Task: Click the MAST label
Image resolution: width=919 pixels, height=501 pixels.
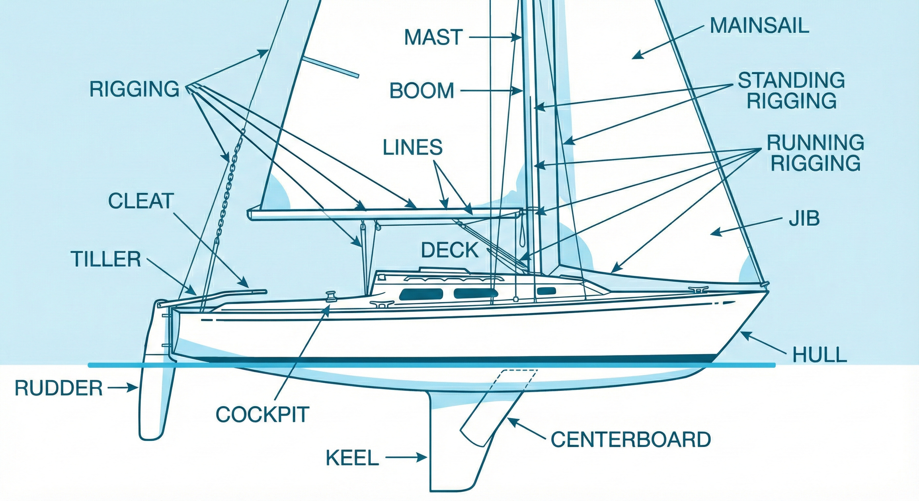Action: point(433,37)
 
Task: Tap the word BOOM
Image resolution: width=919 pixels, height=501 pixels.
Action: point(422,91)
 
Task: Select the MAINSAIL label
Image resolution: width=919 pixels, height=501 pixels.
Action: point(759,26)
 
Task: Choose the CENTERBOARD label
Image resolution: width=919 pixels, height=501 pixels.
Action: point(631,439)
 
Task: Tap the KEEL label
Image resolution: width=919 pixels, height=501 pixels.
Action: point(352,458)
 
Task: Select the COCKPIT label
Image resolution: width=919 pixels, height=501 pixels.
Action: point(262,414)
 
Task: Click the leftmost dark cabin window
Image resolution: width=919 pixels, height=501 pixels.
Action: point(421,294)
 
